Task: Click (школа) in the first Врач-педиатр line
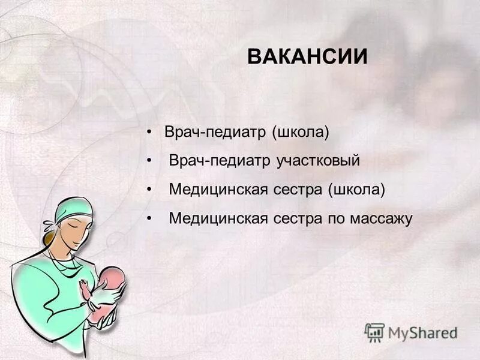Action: click(301, 132)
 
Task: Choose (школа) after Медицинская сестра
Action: click(356, 190)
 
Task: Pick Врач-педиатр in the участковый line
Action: click(220, 161)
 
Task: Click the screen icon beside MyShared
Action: click(374, 332)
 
